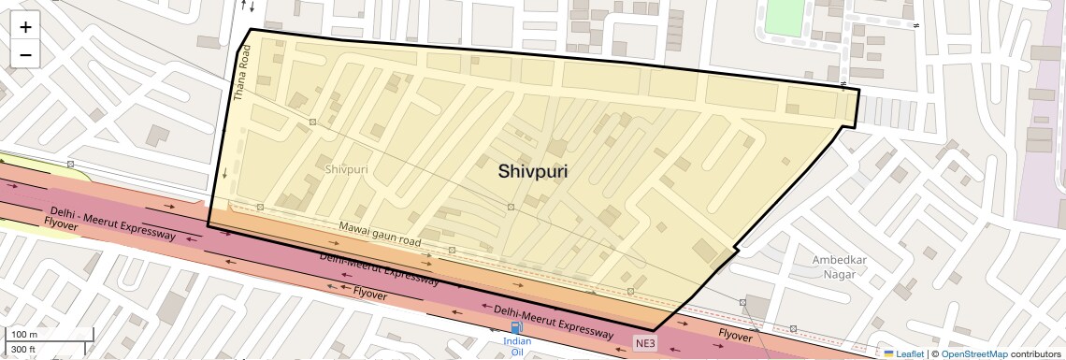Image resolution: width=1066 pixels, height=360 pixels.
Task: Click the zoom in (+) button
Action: (x=25, y=27)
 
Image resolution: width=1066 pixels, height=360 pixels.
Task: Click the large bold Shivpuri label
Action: (x=533, y=171)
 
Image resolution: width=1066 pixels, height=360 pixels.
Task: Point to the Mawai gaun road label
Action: (x=380, y=235)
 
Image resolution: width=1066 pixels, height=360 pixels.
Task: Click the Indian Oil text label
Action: (x=516, y=347)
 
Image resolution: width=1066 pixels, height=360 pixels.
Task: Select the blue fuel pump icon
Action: (x=516, y=327)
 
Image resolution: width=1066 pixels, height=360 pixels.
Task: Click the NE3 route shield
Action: (x=645, y=343)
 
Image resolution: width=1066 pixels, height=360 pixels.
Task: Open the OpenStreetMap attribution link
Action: (x=973, y=353)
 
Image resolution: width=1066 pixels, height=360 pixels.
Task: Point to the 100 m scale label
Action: (x=24, y=335)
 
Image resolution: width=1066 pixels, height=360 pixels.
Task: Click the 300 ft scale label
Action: (x=24, y=350)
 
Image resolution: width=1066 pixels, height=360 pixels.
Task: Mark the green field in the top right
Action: (x=784, y=18)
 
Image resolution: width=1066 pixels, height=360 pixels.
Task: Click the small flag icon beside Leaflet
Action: (x=888, y=353)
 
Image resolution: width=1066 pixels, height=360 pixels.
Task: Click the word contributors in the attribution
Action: (x=1035, y=353)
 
